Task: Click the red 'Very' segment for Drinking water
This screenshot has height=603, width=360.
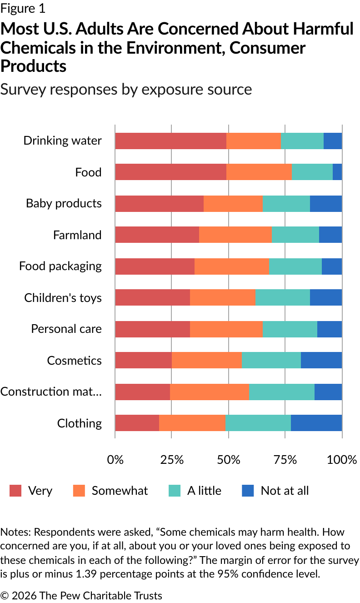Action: click(x=170, y=141)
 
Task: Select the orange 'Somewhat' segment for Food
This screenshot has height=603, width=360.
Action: click(x=259, y=172)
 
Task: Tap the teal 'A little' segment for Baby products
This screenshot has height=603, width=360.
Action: click(x=286, y=204)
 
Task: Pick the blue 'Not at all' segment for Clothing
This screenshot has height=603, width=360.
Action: click(x=316, y=423)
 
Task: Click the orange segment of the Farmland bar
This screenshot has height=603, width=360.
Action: click(x=235, y=235)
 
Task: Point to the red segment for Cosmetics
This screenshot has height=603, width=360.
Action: click(x=143, y=360)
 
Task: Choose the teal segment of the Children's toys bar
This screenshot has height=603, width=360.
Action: click(x=283, y=298)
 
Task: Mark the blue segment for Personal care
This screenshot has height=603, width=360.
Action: click(x=329, y=329)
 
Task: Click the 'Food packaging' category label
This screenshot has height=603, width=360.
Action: click(x=60, y=266)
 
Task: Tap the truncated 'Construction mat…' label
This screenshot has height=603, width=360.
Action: click(x=51, y=392)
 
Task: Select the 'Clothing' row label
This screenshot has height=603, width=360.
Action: click(x=80, y=423)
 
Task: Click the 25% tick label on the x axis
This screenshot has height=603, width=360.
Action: click(x=171, y=459)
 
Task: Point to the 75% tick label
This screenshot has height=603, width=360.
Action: click(x=285, y=459)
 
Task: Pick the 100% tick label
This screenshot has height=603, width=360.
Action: click(x=342, y=459)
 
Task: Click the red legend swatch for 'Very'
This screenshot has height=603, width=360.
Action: click(x=16, y=491)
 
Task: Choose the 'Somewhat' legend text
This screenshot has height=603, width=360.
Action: click(x=120, y=491)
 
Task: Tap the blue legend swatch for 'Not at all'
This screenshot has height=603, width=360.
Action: click(x=248, y=491)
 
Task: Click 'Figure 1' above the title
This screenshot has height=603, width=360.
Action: click(x=23, y=8)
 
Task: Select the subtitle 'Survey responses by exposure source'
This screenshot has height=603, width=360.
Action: click(x=126, y=89)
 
